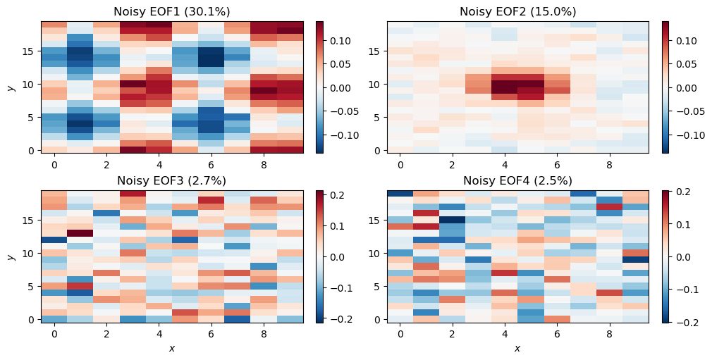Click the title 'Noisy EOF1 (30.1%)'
click(x=172, y=11)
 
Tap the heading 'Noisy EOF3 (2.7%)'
click(x=172, y=180)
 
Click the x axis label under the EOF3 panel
click(x=172, y=348)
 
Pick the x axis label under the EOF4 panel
click(x=517, y=348)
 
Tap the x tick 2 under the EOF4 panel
click(x=453, y=333)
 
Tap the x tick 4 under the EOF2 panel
click(x=505, y=164)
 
